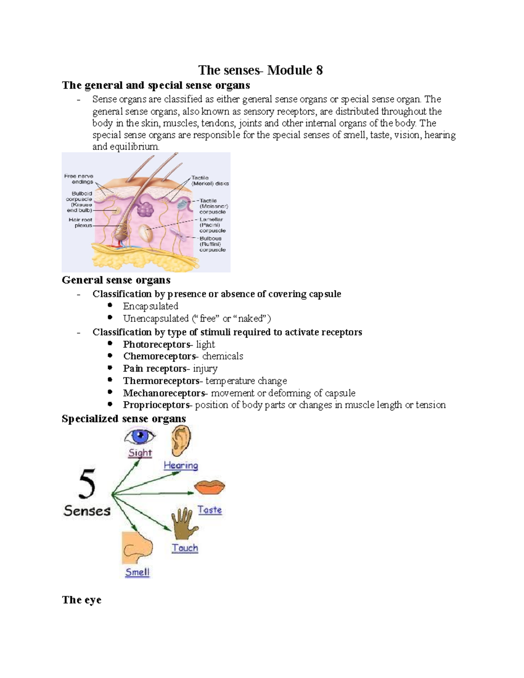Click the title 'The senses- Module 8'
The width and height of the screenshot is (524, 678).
260,70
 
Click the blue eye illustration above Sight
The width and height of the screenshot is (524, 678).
140,437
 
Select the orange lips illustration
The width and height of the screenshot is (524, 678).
210,487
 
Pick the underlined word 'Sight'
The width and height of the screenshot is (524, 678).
140,453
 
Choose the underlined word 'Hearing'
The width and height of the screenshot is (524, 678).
181,465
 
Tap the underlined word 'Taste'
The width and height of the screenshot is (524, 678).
210,510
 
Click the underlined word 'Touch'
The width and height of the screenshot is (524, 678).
185,548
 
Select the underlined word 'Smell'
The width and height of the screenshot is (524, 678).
138,572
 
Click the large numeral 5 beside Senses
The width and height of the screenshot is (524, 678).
87,484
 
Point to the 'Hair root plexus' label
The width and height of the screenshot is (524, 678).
80,223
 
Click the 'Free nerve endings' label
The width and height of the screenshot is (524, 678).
79,179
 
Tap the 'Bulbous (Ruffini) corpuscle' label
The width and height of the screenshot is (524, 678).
213,244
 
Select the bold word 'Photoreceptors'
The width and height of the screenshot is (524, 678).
157,344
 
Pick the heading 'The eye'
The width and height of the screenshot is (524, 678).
82,600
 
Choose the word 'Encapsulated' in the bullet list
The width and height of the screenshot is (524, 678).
151,306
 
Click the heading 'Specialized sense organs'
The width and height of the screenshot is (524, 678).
124,419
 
